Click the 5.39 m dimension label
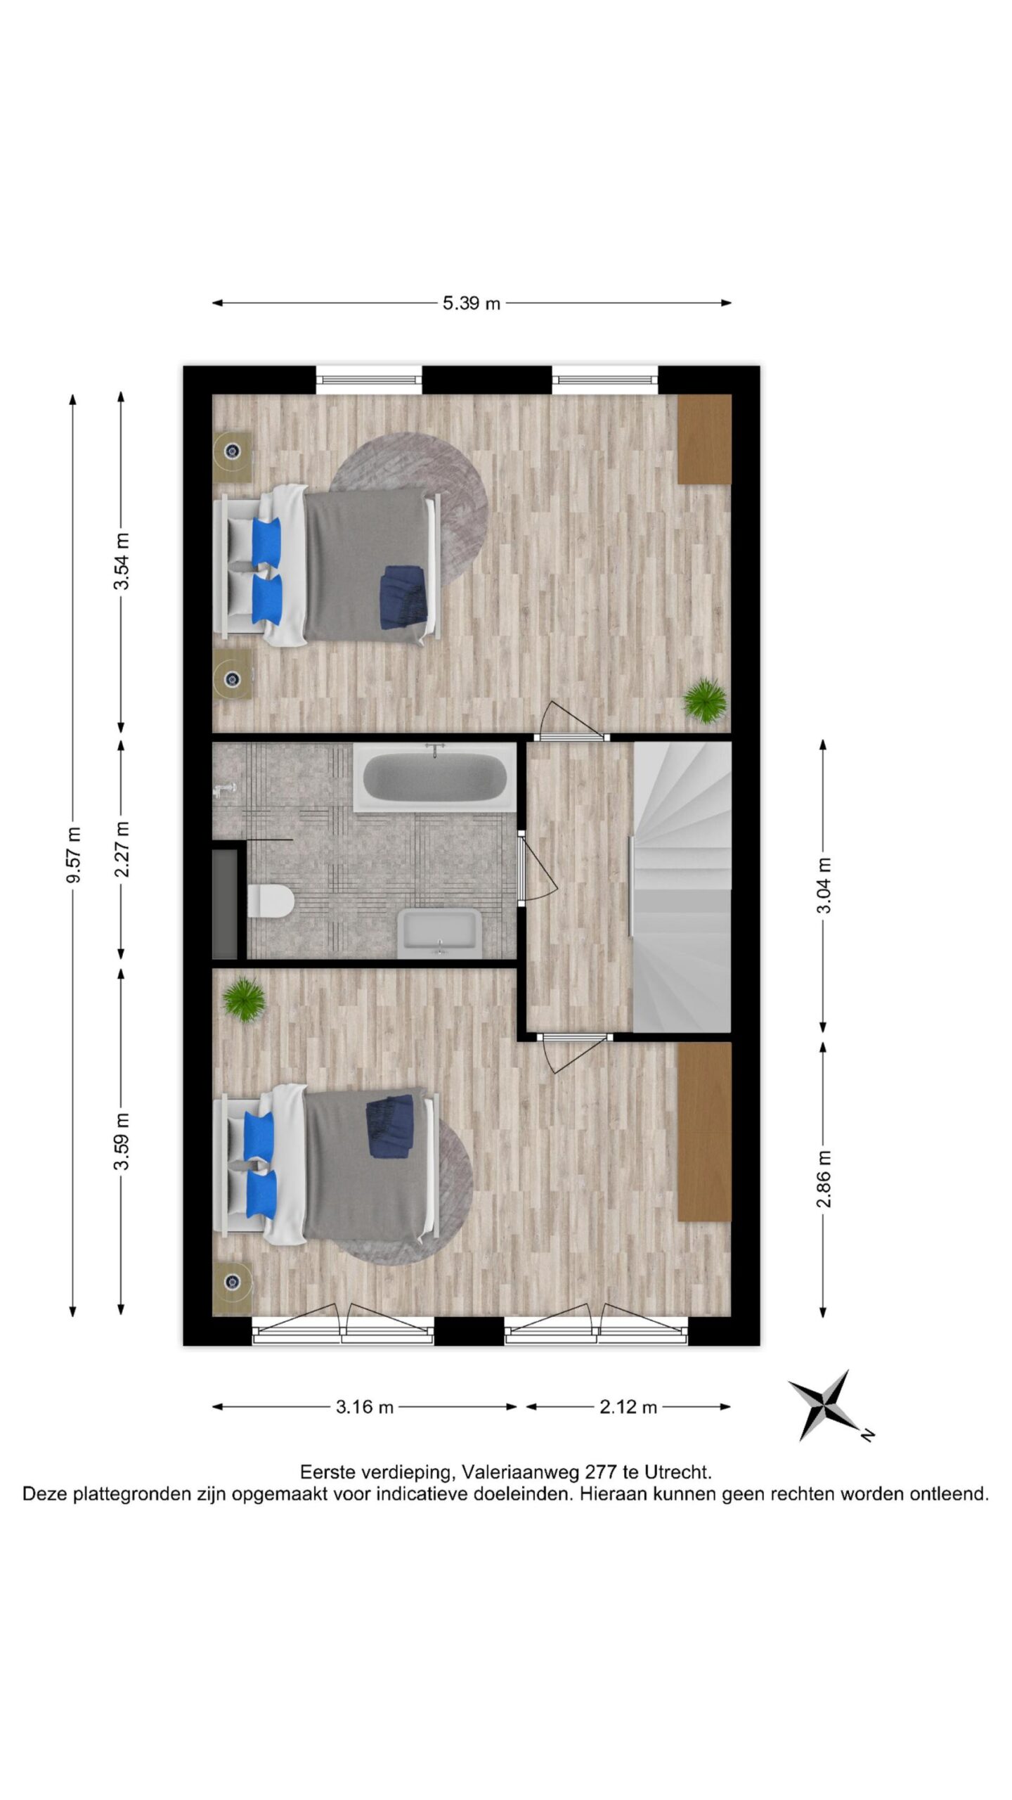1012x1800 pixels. tap(471, 303)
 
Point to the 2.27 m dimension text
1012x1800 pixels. tap(122, 849)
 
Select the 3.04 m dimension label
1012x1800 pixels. tap(824, 885)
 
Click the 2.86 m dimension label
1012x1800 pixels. tap(824, 1178)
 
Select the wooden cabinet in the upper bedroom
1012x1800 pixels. tap(704, 439)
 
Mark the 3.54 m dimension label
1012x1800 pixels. tap(122, 562)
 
